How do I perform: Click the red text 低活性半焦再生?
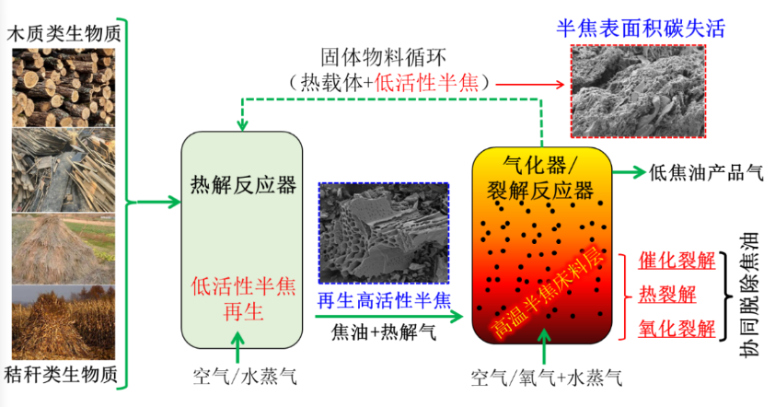click(243, 297)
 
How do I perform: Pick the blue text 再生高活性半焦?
click(384, 300)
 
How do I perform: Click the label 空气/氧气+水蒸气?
click(546, 378)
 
